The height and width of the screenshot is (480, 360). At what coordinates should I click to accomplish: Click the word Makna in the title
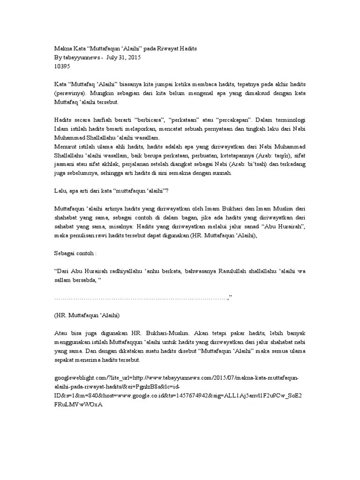[x=63, y=49]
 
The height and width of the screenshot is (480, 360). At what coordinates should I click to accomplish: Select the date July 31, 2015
[x=124, y=57]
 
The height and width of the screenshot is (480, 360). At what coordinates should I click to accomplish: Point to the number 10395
[x=63, y=66]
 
